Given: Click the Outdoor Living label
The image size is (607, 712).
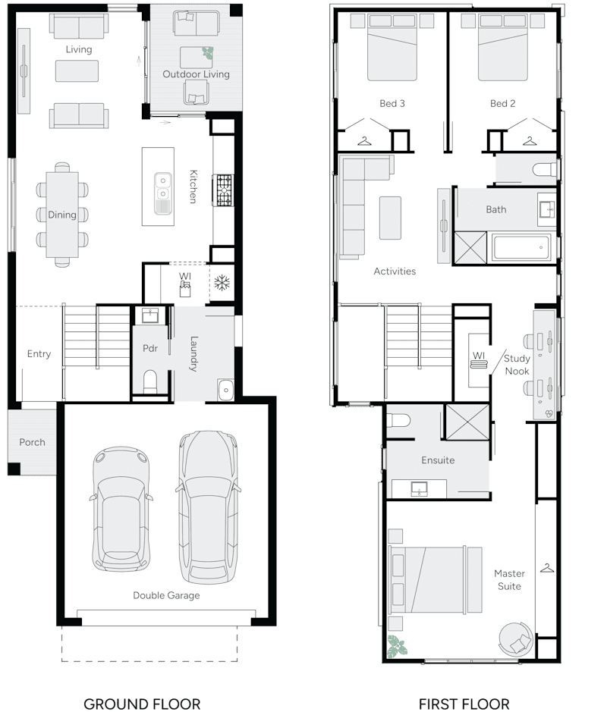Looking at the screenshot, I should pyautogui.click(x=196, y=74).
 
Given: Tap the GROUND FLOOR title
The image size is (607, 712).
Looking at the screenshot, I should pyautogui.click(x=142, y=704).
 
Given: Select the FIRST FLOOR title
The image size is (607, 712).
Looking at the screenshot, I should pyautogui.click(x=464, y=704).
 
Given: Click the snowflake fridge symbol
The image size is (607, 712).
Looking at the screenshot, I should pyautogui.click(x=222, y=284).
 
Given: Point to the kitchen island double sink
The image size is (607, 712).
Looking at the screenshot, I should pyautogui.click(x=162, y=193).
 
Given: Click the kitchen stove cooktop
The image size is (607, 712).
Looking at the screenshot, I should pyautogui.click(x=225, y=190).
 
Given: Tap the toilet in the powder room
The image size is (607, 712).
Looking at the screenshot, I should pyautogui.click(x=150, y=379).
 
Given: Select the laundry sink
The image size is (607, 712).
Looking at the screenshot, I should pyautogui.click(x=225, y=390).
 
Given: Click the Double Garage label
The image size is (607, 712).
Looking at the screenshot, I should pyautogui.click(x=166, y=595).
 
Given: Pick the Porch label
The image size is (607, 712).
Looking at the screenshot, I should pyautogui.click(x=32, y=442).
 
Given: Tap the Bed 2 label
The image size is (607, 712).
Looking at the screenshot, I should pyautogui.click(x=502, y=103).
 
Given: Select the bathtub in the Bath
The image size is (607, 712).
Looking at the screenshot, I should pyautogui.click(x=521, y=246).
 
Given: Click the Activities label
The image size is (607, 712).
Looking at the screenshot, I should pyautogui.click(x=395, y=271).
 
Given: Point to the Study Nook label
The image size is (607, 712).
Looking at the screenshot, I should pyautogui.click(x=517, y=365).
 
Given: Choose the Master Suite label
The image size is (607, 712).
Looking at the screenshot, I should pyautogui.click(x=509, y=579).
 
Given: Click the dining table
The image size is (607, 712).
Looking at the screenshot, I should pyautogui.click(x=62, y=215).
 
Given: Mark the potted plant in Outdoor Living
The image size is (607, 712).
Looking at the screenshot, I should pyautogui.click(x=207, y=53).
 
